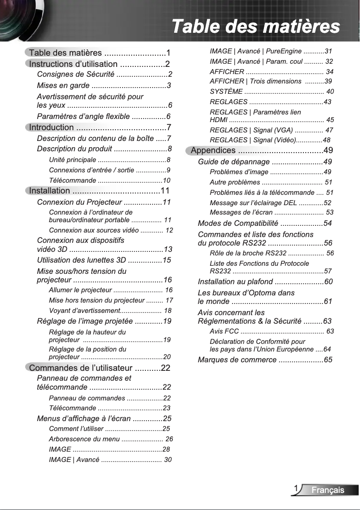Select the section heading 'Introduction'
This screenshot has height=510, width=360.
(x=51, y=127)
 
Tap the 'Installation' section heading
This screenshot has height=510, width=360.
(x=49, y=191)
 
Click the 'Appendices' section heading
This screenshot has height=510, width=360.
(x=213, y=150)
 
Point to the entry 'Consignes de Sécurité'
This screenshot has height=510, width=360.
(x=75, y=74)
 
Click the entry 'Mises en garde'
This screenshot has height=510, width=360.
(x=63, y=85)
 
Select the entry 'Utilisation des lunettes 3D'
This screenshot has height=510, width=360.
(x=81, y=260)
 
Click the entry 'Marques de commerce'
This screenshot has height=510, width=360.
(x=237, y=360)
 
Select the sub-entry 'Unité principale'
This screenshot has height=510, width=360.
(x=72, y=160)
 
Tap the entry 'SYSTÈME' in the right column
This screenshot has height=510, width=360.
(x=226, y=92)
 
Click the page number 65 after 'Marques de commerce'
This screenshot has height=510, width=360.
(x=328, y=360)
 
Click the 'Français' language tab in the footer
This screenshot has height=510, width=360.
(x=328, y=490)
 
